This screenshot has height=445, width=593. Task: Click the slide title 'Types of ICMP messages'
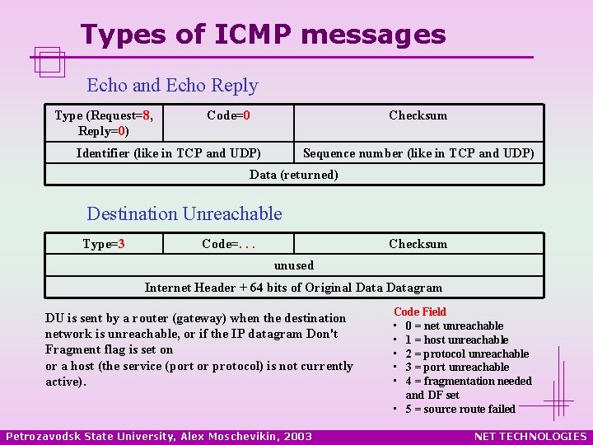263,35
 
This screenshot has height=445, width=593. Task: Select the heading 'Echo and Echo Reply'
172,86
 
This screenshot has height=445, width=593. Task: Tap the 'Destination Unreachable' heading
184,214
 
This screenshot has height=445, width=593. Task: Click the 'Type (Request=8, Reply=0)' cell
104,123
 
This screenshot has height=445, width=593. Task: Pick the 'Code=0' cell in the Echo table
228,115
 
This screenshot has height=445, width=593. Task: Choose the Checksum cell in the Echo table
418,115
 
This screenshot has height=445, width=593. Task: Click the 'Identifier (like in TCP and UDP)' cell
169,152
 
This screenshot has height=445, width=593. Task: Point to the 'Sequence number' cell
418,152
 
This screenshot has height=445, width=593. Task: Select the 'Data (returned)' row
293,175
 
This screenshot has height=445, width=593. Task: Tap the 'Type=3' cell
104,244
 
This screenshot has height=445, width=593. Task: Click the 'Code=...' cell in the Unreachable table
235,244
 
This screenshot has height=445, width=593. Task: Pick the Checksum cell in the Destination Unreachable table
418,244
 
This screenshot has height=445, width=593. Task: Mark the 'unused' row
293,265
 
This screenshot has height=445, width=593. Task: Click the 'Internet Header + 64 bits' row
293,288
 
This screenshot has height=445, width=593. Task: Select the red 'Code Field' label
420,311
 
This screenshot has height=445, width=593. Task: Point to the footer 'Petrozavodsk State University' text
159,436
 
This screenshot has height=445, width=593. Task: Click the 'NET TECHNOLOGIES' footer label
532,436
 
